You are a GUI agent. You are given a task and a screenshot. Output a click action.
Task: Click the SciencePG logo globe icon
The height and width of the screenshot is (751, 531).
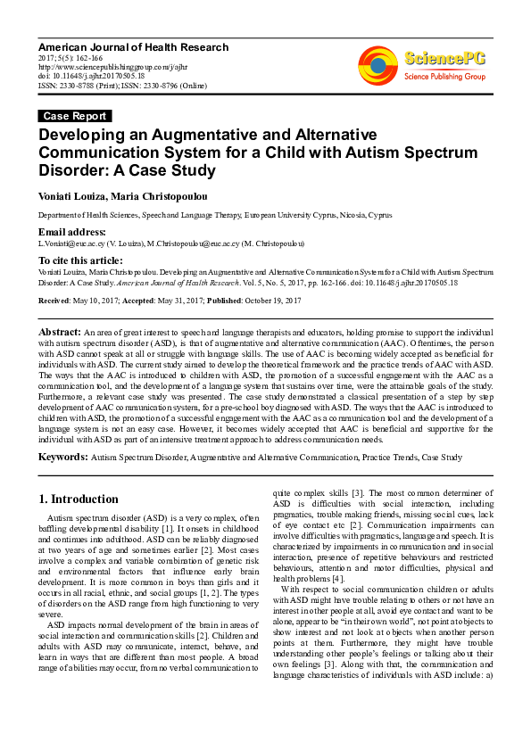coord(378,65)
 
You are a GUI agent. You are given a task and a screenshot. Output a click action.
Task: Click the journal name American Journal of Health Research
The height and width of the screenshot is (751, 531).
coord(133,47)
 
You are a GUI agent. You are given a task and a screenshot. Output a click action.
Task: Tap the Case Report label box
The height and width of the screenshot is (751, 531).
coord(75,116)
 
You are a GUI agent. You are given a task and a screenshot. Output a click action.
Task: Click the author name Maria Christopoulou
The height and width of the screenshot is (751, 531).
coord(163,194)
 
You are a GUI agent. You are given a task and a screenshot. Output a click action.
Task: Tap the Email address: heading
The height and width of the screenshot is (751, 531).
coord(71,232)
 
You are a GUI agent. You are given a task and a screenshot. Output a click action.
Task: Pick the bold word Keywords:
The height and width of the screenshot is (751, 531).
coord(62,457)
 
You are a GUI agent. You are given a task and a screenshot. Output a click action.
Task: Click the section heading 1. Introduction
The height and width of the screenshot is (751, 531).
coord(79,499)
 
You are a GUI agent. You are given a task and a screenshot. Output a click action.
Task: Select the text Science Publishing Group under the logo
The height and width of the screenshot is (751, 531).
coord(444,78)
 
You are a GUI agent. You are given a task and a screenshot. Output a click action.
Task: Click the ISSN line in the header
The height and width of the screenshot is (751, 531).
coord(120,87)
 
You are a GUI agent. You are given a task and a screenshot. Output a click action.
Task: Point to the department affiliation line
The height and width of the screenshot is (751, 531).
coord(214,216)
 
